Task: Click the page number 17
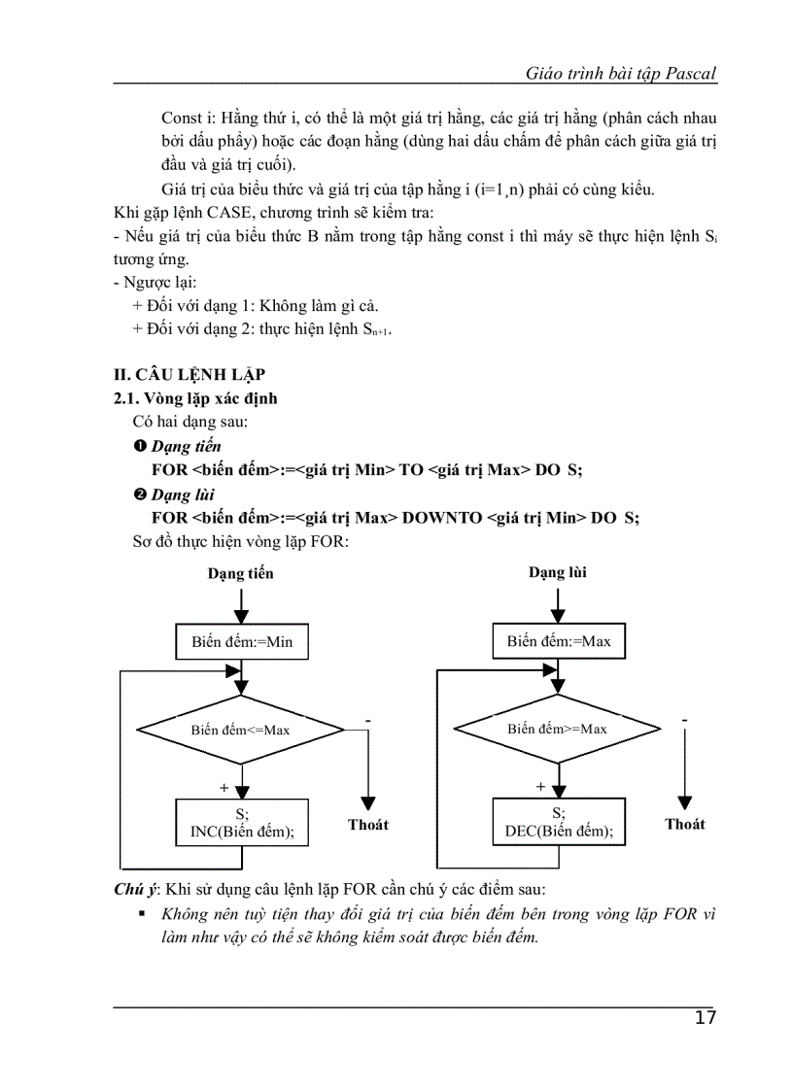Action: (706, 1018)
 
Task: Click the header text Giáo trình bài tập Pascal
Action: (621, 73)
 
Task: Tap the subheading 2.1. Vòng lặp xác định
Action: (195, 398)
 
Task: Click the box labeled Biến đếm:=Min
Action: (242, 642)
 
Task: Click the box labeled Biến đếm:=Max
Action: (559, 641)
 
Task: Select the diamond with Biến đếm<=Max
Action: (240, 730)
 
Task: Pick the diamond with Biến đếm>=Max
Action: (557, 729)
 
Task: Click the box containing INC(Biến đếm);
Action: (242, 823)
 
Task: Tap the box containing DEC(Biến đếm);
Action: (559, 823)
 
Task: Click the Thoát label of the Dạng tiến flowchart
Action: (368, 825)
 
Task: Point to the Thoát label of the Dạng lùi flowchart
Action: (685, 824)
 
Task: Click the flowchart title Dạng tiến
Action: (241, 573)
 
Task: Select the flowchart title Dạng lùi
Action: (558, 572)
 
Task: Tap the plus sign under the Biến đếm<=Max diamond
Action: (224, 786)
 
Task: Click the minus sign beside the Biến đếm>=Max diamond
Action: (685, 720)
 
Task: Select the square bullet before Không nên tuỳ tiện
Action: (142, 914)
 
